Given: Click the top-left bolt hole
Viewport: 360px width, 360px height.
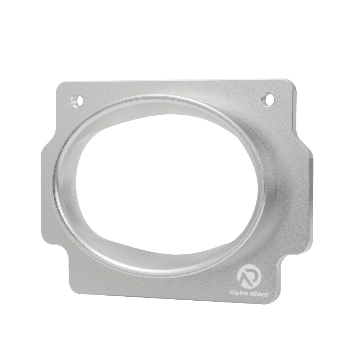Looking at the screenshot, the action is click(77, 101).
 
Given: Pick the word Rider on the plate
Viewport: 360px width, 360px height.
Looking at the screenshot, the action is click(258, 294).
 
